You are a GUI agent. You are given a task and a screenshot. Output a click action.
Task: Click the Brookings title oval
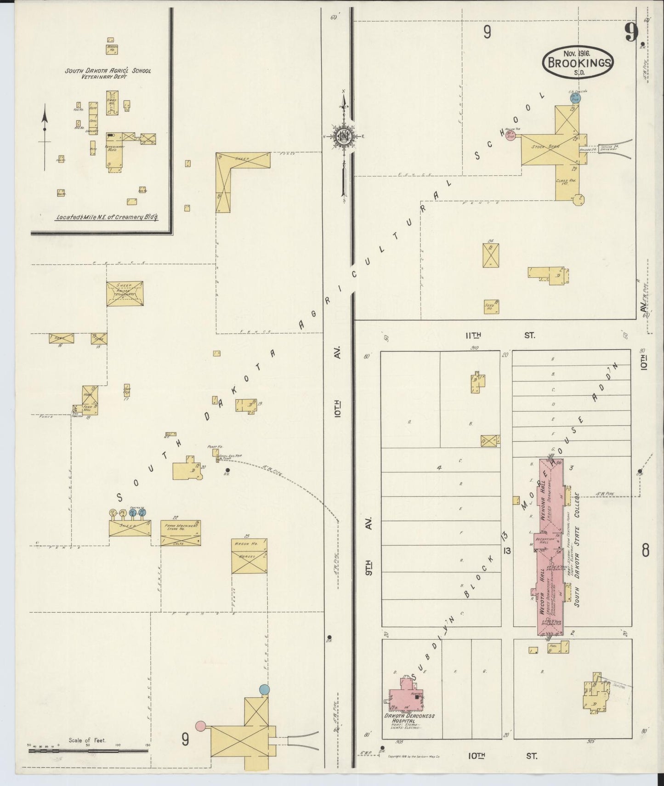[x=578, y=63]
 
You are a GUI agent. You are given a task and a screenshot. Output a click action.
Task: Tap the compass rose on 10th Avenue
[x=343, y=137]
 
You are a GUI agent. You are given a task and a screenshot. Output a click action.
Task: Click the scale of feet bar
[x=88, y=751]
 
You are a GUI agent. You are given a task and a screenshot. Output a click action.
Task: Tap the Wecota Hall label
[x=542, y=591]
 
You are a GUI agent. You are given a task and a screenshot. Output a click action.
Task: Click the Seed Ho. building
[x=491, y=306]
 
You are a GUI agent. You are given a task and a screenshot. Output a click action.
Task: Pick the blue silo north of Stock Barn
[x=575, y=98]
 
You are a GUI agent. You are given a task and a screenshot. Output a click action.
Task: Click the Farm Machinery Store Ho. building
[x=181, y=533]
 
